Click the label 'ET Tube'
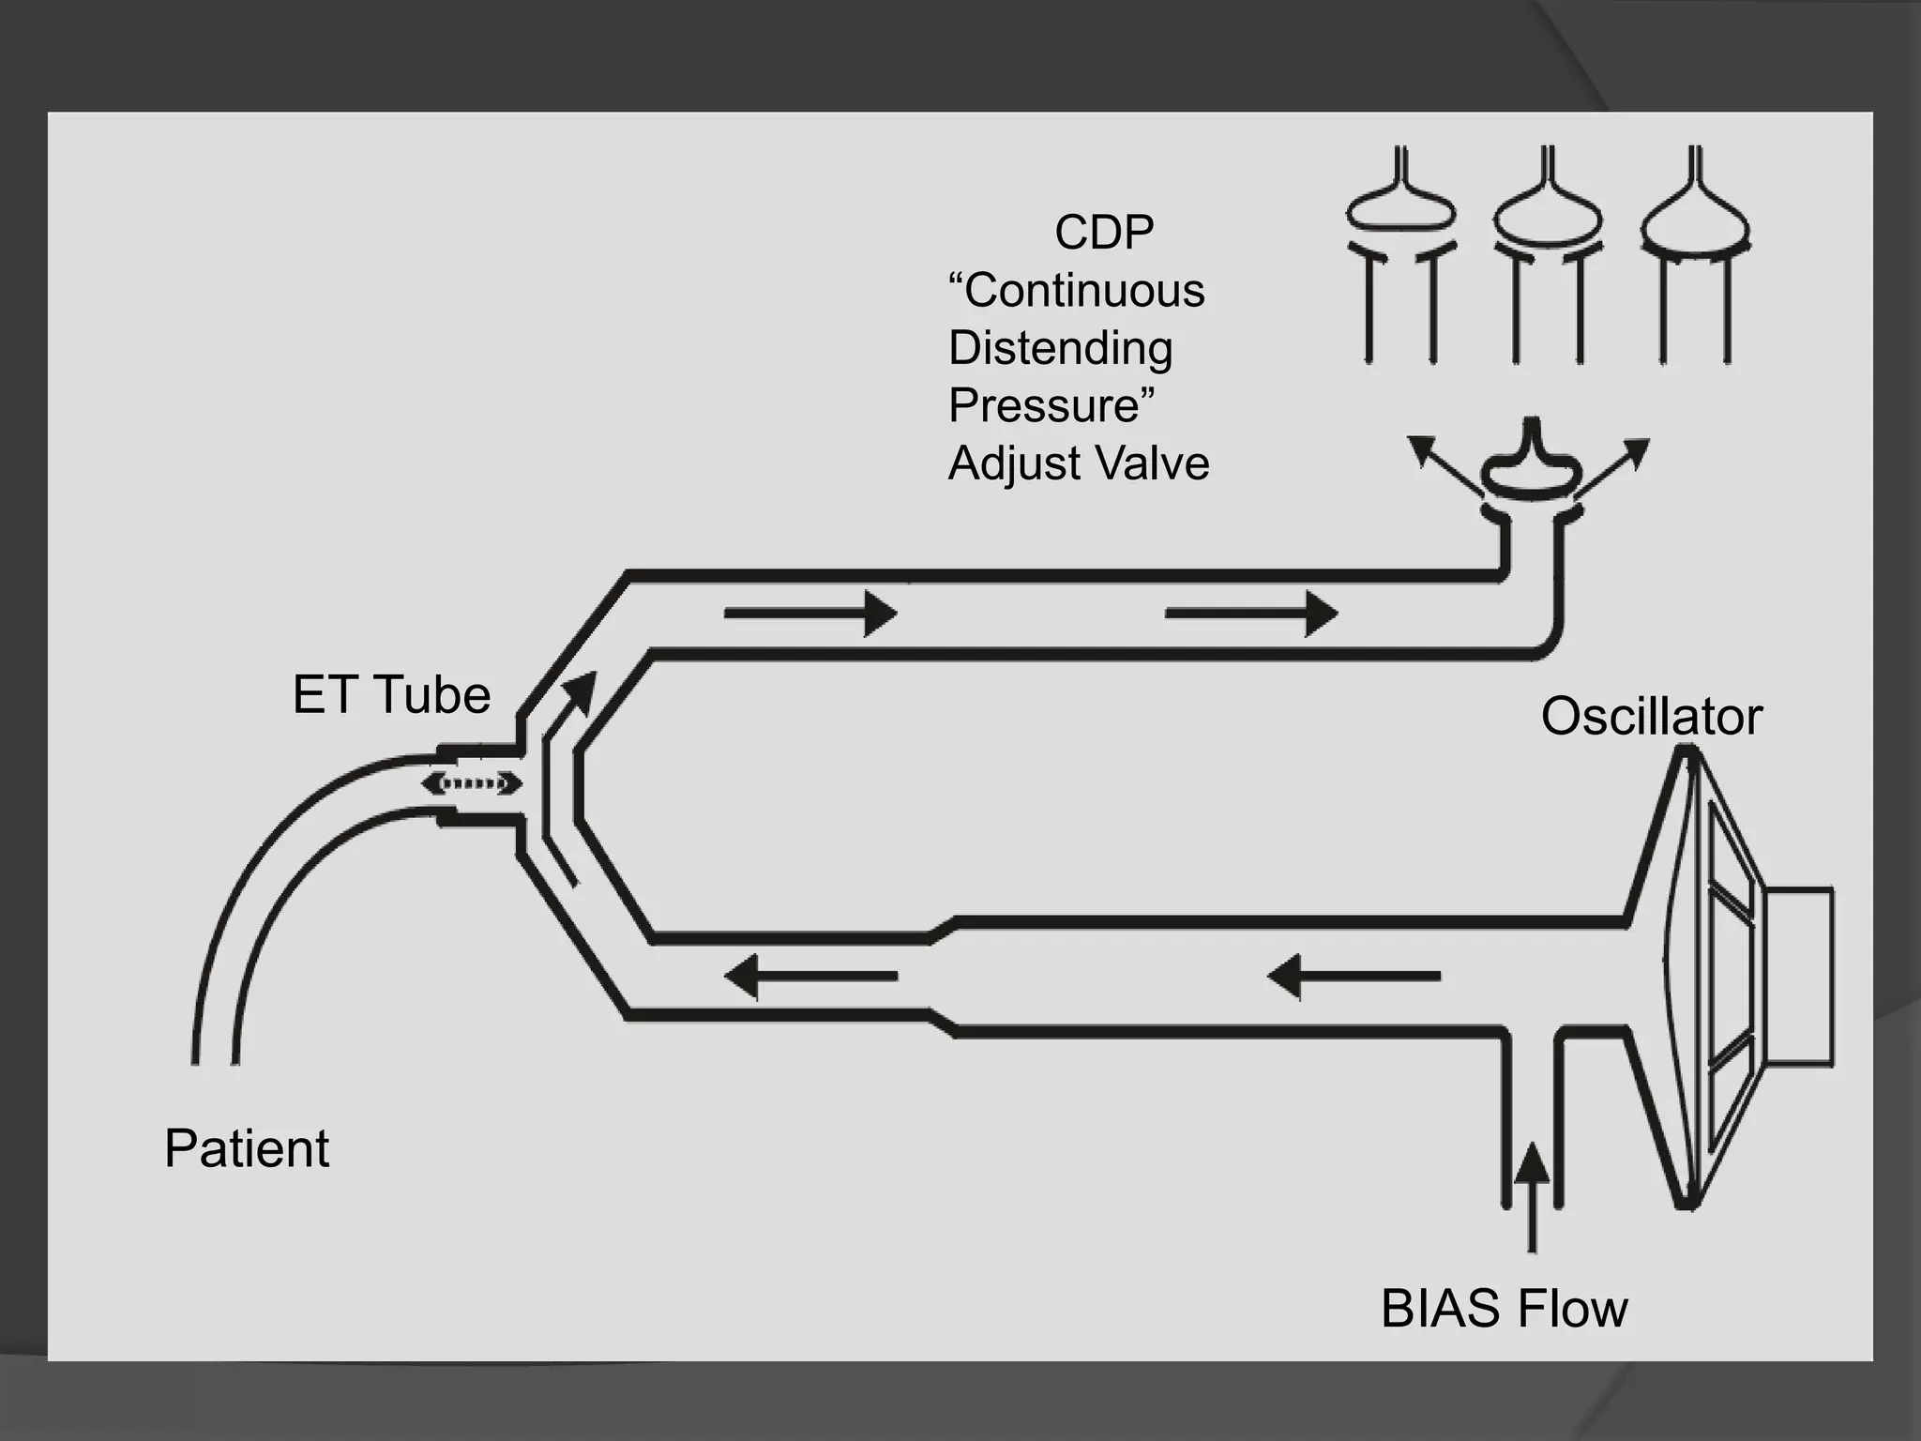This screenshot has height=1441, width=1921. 391,695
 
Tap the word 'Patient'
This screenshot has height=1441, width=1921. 247,1148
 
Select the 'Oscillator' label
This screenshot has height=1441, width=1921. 1651,717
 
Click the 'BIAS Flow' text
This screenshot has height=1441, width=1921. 1504,1309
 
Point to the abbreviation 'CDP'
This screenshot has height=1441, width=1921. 1104,233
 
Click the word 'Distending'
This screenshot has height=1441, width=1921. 1060,348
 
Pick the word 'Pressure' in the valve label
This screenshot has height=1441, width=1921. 1044,405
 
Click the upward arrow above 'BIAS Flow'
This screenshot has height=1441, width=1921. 1533,1196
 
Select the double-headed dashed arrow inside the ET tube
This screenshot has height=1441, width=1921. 472,783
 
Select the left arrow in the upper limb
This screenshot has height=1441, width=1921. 810,614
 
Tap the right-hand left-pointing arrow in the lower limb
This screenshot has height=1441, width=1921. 1354,977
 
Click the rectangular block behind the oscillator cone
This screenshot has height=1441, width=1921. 1797,977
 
